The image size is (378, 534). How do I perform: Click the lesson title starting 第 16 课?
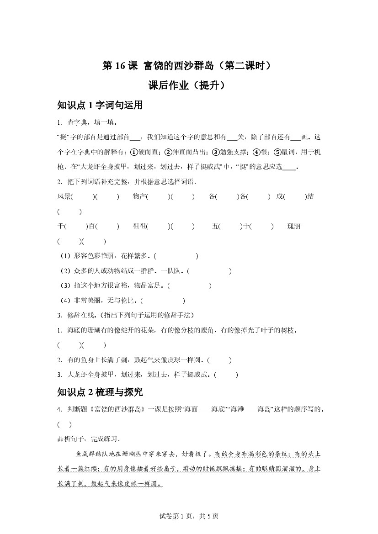pyautogui.click(x=188, y=66)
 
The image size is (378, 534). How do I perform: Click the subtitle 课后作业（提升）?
pyautogui.click(x=188, y=86)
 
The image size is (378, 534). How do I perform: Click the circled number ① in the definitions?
pyautogui.click(x=134, y=152)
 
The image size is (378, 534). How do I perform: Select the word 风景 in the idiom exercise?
pyautogui.click(x=64, y=196)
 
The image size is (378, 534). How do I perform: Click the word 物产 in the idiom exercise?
pyautogui.click(x=140, y=196)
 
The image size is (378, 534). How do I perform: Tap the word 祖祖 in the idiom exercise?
pyautogui.click(x=140, y=226)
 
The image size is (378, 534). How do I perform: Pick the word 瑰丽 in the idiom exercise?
pyautogui.click(x=294, y=226)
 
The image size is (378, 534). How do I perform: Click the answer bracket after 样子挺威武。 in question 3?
pyautogui.click(x=226, y=375)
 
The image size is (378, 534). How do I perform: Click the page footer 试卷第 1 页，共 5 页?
pyautogui.click(x=189, y=516)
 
